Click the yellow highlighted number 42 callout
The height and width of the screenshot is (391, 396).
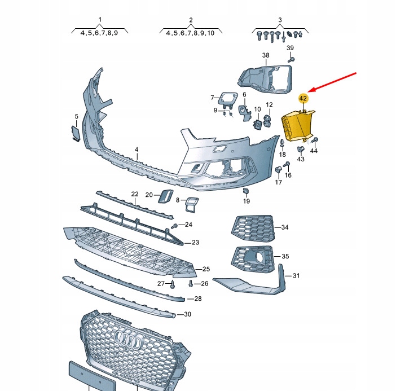click(303, 98)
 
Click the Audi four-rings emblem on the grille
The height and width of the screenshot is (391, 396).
click(128, 340)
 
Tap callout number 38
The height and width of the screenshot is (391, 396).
click(266, 55)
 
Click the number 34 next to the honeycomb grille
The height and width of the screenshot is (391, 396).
click(285, 227)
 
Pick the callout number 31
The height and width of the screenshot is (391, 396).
click(296, 276)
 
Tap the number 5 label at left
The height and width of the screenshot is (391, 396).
click(77, 117)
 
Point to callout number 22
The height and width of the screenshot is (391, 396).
click(135, 194)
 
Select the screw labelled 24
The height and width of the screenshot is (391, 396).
click(175, 226)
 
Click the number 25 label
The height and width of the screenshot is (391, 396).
click(206, 269)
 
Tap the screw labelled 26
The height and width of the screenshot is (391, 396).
click(192, 283)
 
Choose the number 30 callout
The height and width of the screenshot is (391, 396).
click(188, 314)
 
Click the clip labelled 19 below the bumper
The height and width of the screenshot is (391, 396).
click(246, 191)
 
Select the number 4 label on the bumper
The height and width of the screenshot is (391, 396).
click(136, 150)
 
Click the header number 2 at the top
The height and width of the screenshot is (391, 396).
click(191, 20)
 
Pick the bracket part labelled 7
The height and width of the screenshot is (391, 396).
click(229, 99)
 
